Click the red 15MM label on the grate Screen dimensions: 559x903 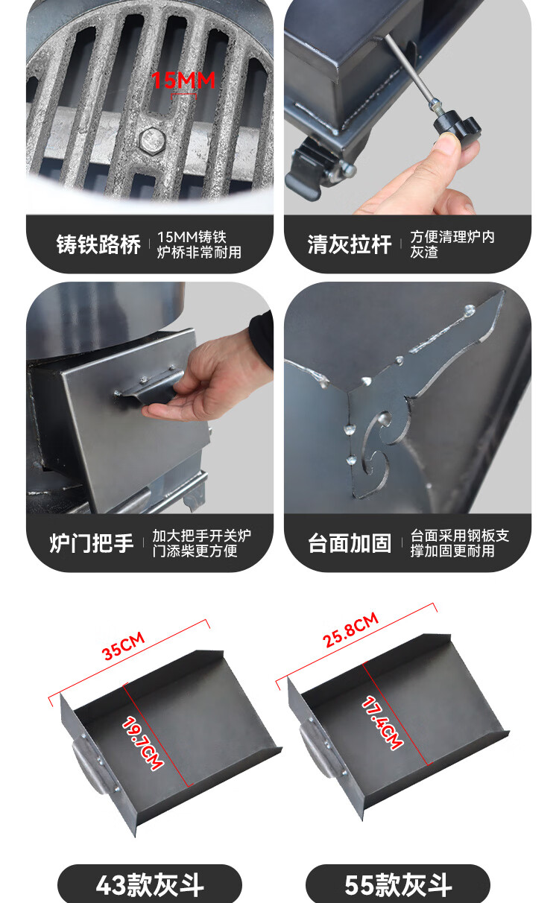183,80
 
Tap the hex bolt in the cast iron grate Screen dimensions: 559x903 153,141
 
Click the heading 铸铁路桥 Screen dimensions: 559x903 98,244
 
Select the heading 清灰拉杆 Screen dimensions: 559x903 350,244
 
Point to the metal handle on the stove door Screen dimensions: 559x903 148,386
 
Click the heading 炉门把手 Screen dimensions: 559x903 92,543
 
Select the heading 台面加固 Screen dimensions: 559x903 350,543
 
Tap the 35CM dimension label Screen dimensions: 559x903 123,646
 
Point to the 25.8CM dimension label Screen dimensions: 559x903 350,630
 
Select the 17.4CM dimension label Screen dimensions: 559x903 382,723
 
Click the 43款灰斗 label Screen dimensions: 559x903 150,885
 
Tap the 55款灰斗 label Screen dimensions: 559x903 398,885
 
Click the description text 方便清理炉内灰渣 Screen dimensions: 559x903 452,244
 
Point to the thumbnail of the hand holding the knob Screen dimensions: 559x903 408,107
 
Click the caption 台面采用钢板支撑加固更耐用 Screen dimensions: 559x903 460,543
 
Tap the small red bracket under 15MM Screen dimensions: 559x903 184,96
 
